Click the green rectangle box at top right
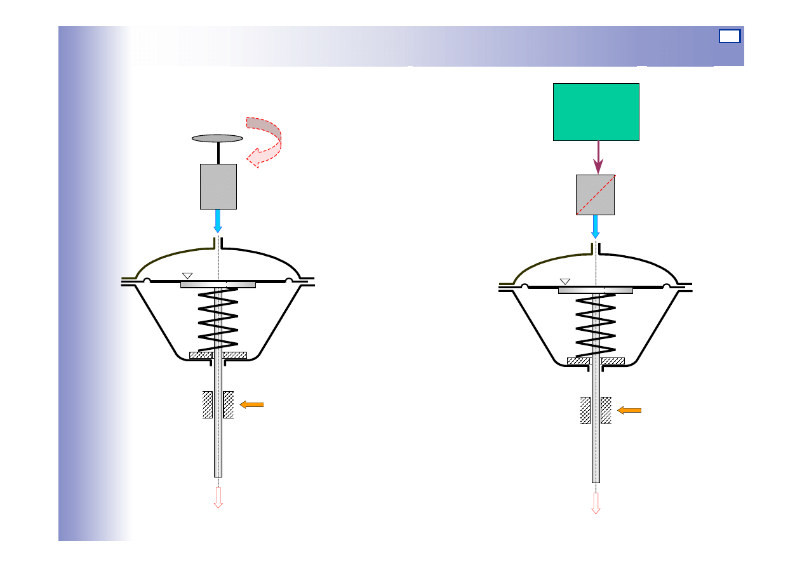[x=596, y=111]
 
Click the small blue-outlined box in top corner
[x=730, y=36]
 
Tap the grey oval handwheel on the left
[x=217, y=138]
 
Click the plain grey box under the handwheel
[x=218, y=186]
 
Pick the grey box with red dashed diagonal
[x=595, y=195]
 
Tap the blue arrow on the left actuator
[x=218, y=221]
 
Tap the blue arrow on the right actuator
[x=595, y=227]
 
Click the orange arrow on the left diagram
[x=251, y=404]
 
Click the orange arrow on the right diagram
[x=629, y=411]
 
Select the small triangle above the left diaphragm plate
[x=187, y=276]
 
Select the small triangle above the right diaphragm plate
[x=565, y=281]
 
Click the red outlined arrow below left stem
[x=218, y=497]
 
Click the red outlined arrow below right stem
[x=596, y=502]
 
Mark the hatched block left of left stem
[x=208, y=404]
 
